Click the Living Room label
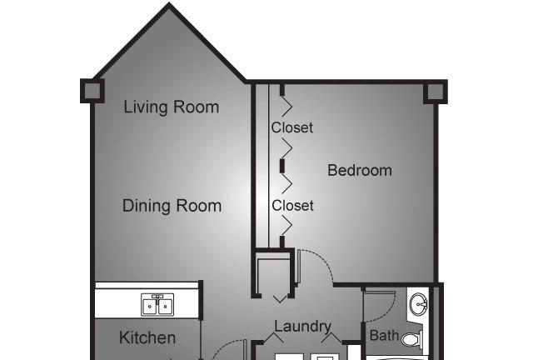(x=172, y=107)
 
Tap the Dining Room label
(x=172, y=206)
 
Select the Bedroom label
(x=360, y=170)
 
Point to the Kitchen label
(x=147, y=337)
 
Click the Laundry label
(x=303, y=327)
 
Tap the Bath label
(x=384, y=336)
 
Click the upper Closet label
(x=292, y=127)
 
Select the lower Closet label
(x=292, y=206)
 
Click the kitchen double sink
(x=157, y=304)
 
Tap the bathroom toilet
(x=412, y=338)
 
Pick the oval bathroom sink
(x=419, y=303)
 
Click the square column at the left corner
(x=92, y=91)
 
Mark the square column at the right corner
(x=436, y=92)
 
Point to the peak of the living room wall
(x=169, y=3)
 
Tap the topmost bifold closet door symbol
(x=286, y=107)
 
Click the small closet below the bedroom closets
(x=273, y=274)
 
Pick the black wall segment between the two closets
(x=282, y=166)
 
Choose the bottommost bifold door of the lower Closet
(x=286, y=226)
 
